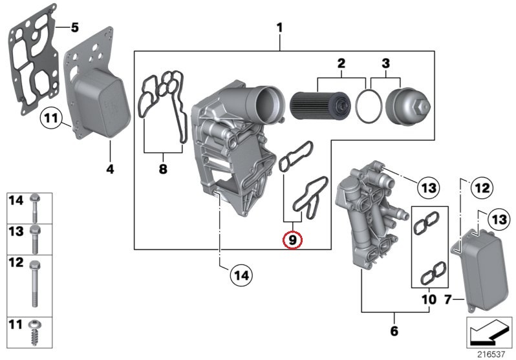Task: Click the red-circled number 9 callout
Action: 292,240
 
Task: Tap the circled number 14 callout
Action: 241,275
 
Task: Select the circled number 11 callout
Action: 50,118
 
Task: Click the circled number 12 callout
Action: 480,189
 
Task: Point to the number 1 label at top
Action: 279,28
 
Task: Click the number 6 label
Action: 394,332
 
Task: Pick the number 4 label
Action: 109,169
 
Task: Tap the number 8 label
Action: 162,169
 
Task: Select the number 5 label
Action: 74,27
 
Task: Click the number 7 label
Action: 447,300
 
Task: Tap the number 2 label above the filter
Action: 341,63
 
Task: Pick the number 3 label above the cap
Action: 386,63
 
